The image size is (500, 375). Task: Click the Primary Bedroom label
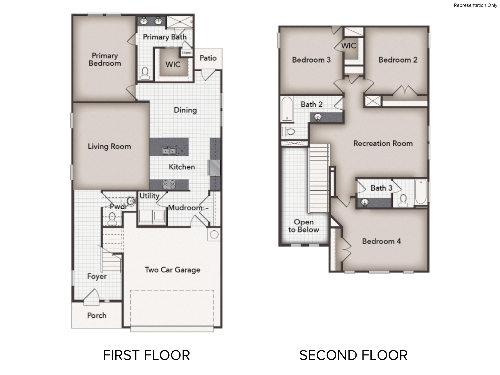click(105, 59)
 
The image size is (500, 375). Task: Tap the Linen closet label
click(186, 53)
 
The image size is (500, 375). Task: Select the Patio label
click(208, 58)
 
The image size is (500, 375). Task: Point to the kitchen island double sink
click(169, 151)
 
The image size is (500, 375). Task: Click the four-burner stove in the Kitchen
click(169, 184)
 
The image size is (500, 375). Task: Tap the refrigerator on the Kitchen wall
click(214, 167)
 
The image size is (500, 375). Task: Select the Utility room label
click(149, 196)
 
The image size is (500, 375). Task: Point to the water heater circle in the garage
click(214, 234)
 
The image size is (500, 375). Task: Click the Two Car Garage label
click(172, 270)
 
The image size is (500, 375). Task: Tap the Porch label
click(97, 315)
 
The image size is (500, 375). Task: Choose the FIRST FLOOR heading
click(146, 355)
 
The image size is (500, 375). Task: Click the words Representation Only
click(476, 5)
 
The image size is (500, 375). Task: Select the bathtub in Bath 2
click(286, 109)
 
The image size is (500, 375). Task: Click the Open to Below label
click(304, 226)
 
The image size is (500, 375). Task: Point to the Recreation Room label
click(383, 143)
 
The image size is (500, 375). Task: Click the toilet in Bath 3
click(403, 200)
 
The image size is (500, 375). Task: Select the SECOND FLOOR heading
click(353, 355)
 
